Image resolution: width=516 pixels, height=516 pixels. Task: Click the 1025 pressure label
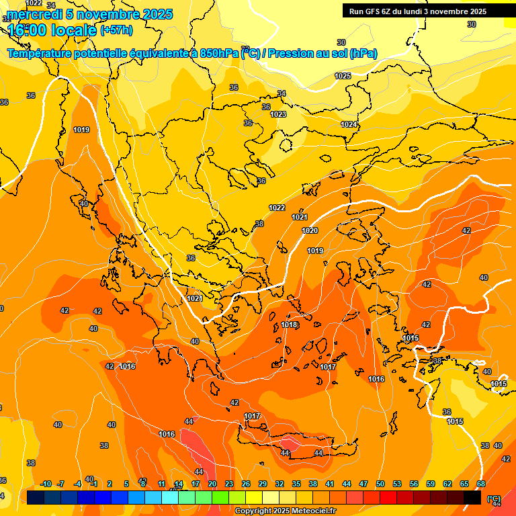tap(343, 76)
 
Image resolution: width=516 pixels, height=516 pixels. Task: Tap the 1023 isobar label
tap(278, 115)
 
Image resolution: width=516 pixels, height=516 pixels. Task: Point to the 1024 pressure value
tap(349, 124)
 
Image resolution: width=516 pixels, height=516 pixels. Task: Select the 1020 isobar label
tap(310, 230)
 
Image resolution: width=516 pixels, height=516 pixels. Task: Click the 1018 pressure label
tap(289, 325)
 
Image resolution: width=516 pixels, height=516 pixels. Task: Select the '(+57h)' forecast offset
tap(116, 30)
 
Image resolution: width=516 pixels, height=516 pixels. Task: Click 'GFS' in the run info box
tap(374, 11)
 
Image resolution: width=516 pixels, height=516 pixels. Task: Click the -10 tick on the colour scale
tap(46, 484)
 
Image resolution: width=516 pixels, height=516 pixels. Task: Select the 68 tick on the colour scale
tap(481, 484)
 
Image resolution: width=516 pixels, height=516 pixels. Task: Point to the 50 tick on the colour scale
tap(380, 484)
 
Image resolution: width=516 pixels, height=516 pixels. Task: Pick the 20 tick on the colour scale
tap(212, 484)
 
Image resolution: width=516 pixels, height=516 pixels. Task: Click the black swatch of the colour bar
tap(472, 497)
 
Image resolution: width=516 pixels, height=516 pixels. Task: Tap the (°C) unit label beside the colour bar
tap(494, 499)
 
